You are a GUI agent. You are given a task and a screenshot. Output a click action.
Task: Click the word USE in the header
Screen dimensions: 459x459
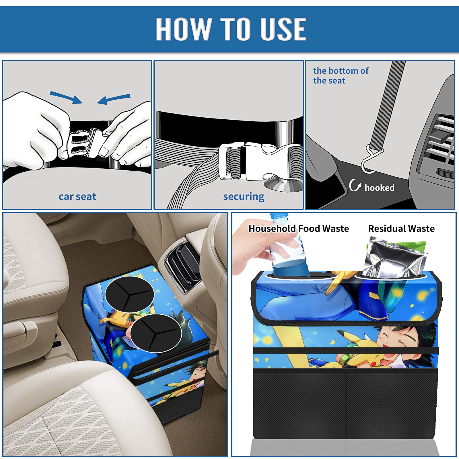(283, 29)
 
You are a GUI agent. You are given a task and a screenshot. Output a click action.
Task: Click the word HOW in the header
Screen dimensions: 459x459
(183, 29)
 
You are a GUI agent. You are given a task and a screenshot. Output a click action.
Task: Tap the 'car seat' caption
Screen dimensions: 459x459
(77, 197)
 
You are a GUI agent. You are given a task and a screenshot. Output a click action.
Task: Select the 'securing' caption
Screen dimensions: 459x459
(244, 197)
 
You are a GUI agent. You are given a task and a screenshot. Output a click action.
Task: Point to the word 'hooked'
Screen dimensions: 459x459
(380, 188)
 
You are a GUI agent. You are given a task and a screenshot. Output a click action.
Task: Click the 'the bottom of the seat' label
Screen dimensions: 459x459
(341, 76)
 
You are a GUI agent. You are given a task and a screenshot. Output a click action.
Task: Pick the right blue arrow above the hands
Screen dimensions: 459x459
(114, 99)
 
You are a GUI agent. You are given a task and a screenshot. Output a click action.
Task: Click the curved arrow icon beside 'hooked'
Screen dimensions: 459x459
(355, 185)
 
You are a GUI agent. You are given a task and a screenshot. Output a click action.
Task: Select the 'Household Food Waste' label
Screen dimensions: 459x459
(299, 229)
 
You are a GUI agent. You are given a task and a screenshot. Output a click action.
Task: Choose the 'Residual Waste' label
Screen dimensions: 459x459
(401, 229)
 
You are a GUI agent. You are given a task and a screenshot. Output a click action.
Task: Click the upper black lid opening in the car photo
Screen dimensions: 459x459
(129, 294)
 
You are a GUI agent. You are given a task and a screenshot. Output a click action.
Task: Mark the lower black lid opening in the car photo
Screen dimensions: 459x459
(156, 333)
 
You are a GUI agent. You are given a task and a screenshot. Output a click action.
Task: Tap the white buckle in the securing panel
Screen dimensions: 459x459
(260, 161)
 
